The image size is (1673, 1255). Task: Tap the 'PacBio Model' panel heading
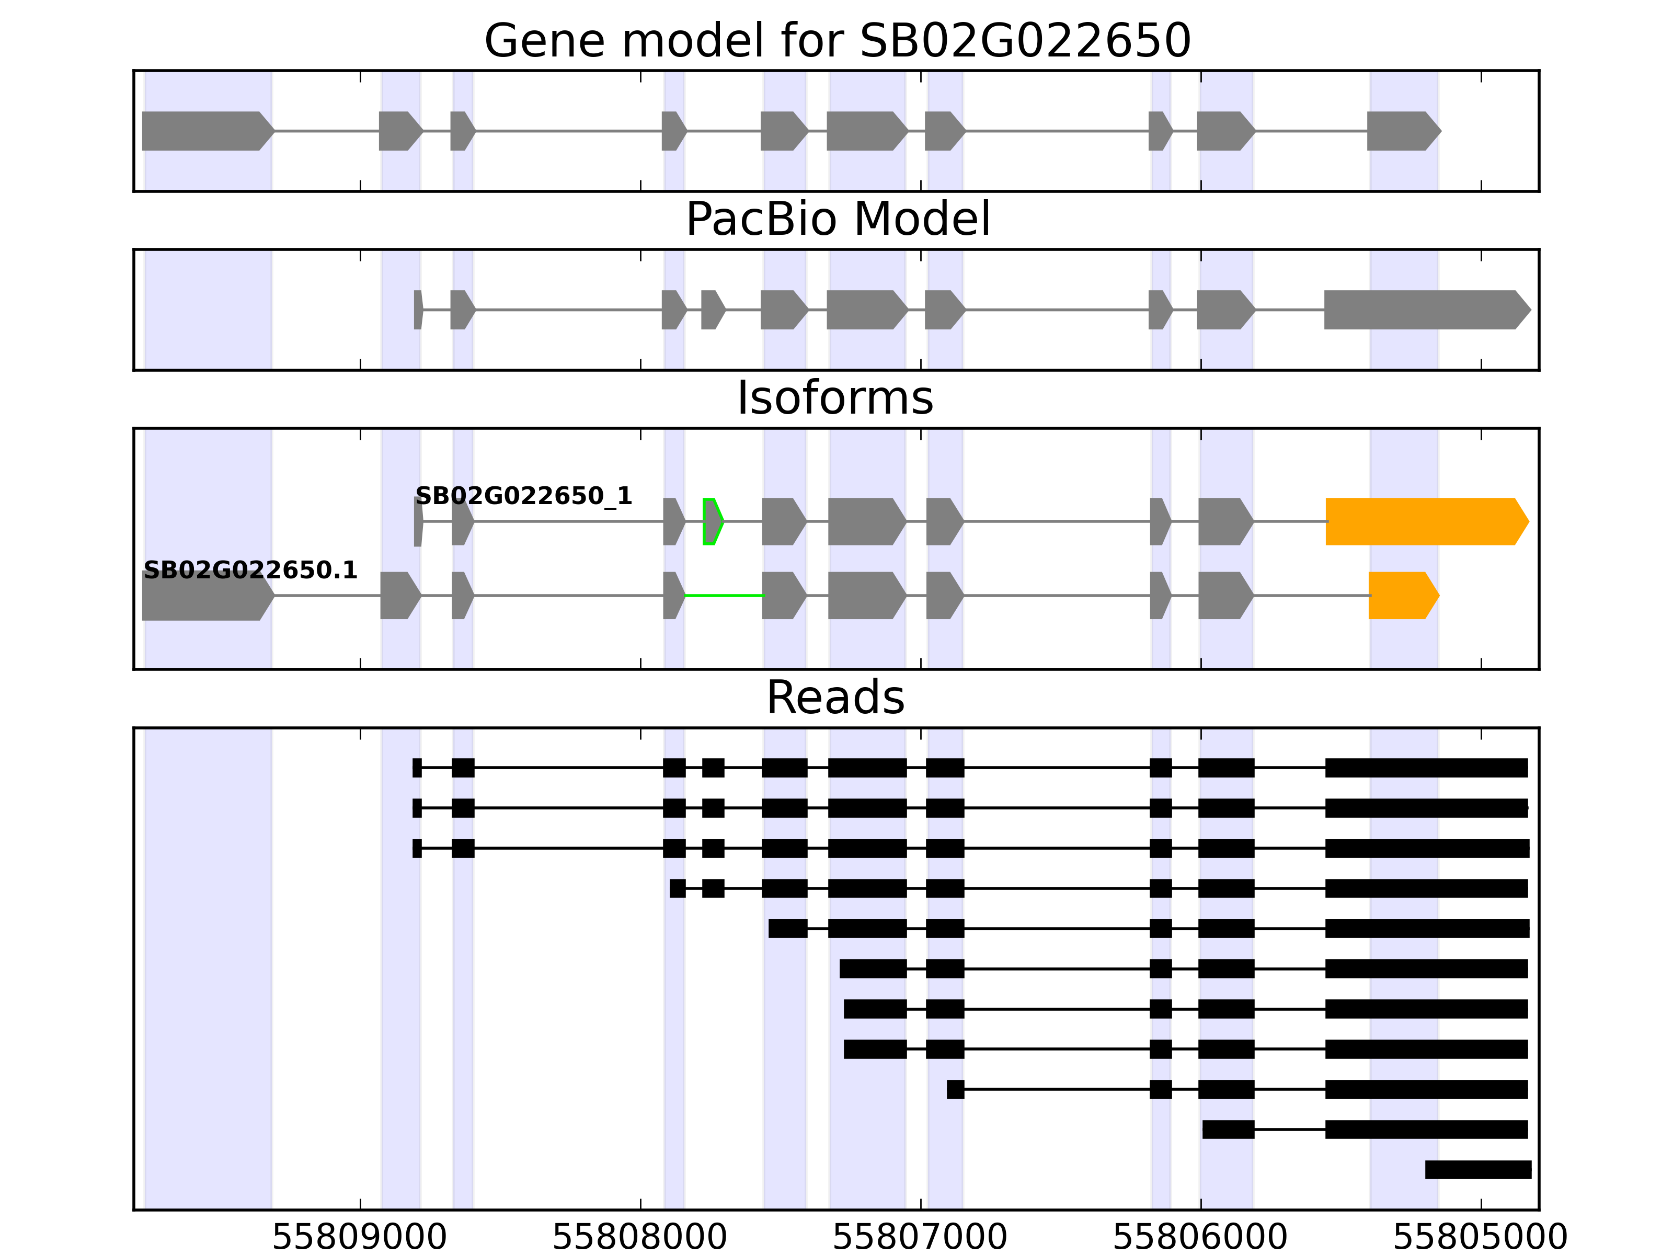(x=837, y=220)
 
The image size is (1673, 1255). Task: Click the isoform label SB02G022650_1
(x=523, y=496)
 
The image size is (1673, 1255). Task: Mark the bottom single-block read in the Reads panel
(x=1478, y=1170)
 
